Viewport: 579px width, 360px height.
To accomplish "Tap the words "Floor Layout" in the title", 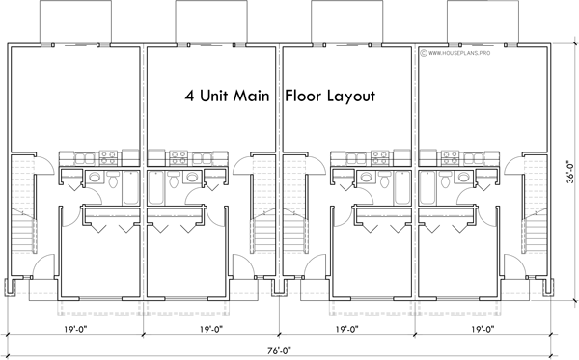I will (328, 97).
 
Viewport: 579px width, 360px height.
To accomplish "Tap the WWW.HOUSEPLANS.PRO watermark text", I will (465, 54).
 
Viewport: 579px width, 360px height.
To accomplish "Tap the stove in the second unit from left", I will (179, 156).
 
